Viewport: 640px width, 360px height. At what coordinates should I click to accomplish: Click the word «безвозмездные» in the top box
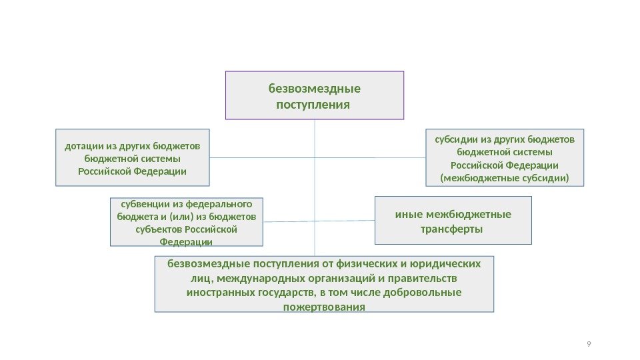pos(314,88)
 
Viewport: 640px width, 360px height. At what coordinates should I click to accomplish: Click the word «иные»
pos(409,215)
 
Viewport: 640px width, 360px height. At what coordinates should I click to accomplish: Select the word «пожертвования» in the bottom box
pos(324,307)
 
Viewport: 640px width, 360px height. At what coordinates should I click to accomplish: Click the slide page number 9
pos(588,344)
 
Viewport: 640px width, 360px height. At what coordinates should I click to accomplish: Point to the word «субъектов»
pos(156,229)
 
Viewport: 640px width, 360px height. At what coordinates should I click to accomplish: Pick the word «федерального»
pos(224,205)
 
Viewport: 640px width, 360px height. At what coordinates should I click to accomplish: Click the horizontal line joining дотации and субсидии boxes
pos(267,157)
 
